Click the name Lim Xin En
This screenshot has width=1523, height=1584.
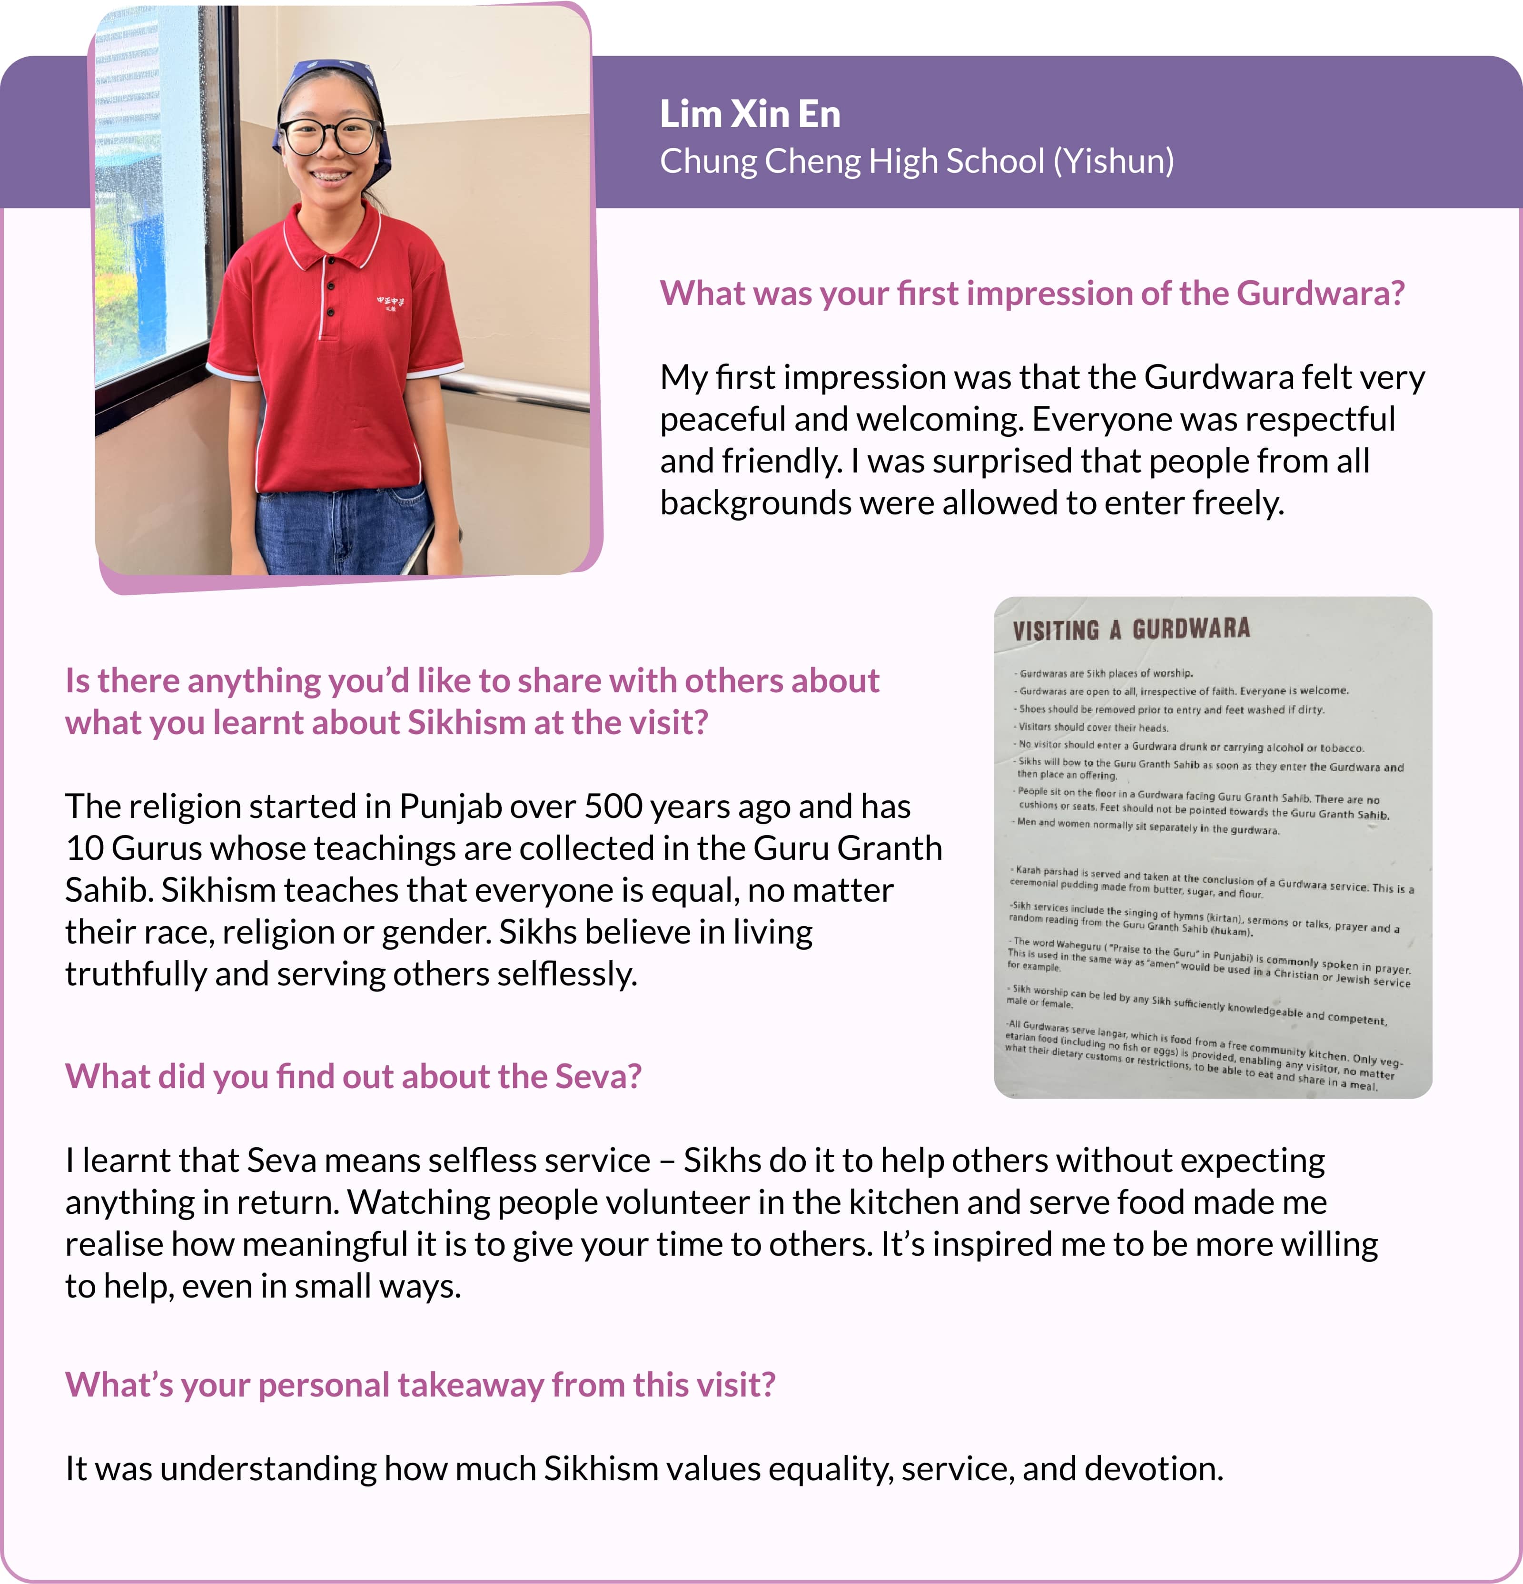750,114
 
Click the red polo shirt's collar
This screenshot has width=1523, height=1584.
331,235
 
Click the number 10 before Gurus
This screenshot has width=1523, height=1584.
84,848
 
